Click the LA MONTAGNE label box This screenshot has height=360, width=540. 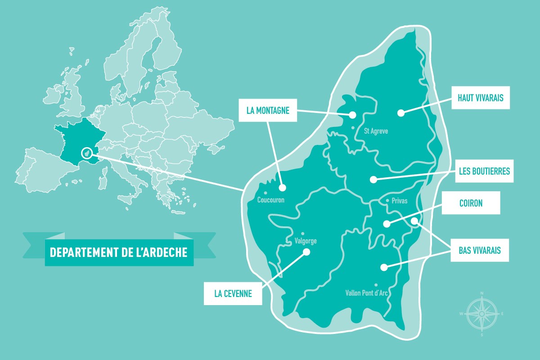pyautogui.click(x=267, y=110)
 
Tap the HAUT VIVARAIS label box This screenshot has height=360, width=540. pyautogui.click(x=481, y=98)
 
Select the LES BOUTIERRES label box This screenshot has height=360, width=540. pyautogui.click(x=484, y=171)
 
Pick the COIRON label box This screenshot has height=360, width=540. pyautogui.click(x=471, y=203)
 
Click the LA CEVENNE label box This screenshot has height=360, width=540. pyautogui.click(x=233, y=294)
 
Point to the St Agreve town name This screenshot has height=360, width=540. pyautogui.click(x=375, y=131)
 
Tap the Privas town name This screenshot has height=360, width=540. pyautogui.click(x=399, y=201)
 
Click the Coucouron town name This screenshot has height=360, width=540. pyautogui.click(x=270, y=200)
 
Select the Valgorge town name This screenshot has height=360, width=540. pyautogui.click(x=305, y=241)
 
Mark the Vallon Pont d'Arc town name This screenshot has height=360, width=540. pyautogui.click(x=366, y=293)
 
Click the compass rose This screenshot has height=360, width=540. pyautogui.click(x=481, y=313)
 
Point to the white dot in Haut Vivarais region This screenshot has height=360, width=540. pyautogui.click(x=400, y=113)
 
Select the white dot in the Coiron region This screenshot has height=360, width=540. pyautogui.click(x=387, y=224)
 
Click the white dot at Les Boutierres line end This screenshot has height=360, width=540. pyautogui.click(x=373, y=180)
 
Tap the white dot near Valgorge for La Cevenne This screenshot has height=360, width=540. pyautogui.click(x=306, y=252)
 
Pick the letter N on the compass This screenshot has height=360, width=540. pyautogui.click(x=481, y=293)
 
